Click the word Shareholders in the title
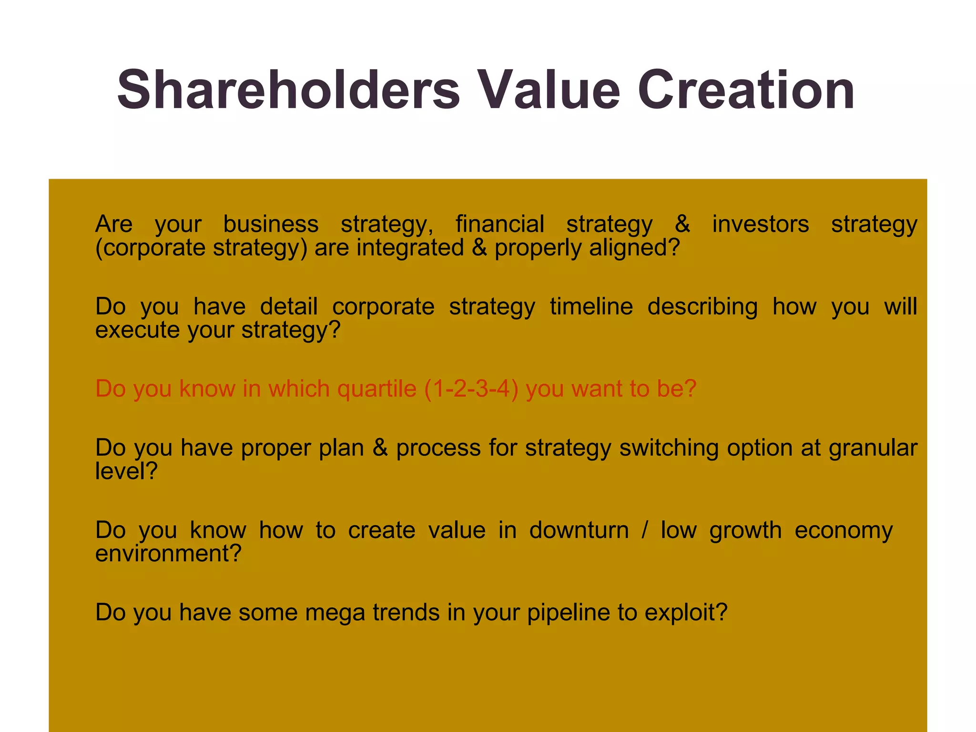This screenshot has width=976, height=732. [x=288, y=91]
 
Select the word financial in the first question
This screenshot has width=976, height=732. [x=499, y=224]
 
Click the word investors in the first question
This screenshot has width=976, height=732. [x=761, y=224]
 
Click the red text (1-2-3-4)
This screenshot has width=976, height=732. [x=471, y=389]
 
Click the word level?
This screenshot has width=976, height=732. [x=126, y=471]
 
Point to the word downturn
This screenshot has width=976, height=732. [x=579, y=530]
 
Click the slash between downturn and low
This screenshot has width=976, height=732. [x=645, y=530]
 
